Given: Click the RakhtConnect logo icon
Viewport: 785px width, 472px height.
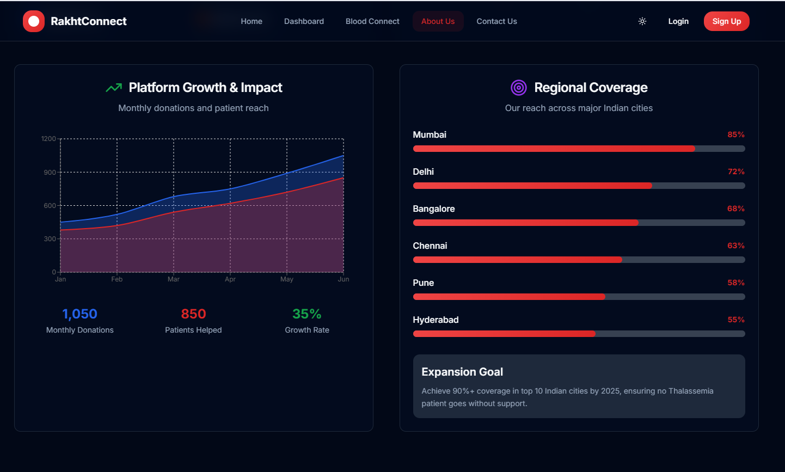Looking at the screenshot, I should coord(34,21).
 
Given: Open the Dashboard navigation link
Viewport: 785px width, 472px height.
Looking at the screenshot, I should coord(304,21).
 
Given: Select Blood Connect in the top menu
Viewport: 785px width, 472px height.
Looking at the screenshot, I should coord(372,21).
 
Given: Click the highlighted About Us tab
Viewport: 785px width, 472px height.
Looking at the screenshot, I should coord(438,21).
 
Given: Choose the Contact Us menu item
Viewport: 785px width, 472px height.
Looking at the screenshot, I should coord(496,21).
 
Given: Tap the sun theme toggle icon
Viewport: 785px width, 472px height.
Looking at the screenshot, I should coord(642,21).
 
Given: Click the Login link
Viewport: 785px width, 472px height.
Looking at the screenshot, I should coord(678,21).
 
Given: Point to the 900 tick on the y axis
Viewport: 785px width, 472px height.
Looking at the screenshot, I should coord(50,173).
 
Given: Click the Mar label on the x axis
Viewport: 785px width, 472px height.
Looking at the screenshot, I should coord(174,279).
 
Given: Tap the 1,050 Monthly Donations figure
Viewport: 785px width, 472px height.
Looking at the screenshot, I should coord(79,314).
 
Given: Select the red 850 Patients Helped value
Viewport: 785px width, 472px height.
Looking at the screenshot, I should coord(193,314).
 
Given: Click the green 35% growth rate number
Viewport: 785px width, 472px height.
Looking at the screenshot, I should coord(307,314).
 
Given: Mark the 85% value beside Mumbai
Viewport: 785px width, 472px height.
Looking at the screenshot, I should coord(736,134).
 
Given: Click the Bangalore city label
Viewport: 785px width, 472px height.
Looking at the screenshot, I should coord(434,209).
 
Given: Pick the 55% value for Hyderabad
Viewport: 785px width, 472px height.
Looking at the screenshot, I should coord(736,320).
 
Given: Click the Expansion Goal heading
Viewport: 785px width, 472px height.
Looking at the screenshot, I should coord(462,372).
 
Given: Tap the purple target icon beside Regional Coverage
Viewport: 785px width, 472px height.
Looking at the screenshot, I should coord(519,87).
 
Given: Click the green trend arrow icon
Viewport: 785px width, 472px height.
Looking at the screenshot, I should coord(114,88).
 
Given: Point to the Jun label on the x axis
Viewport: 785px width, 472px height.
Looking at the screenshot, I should coord(344,279).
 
